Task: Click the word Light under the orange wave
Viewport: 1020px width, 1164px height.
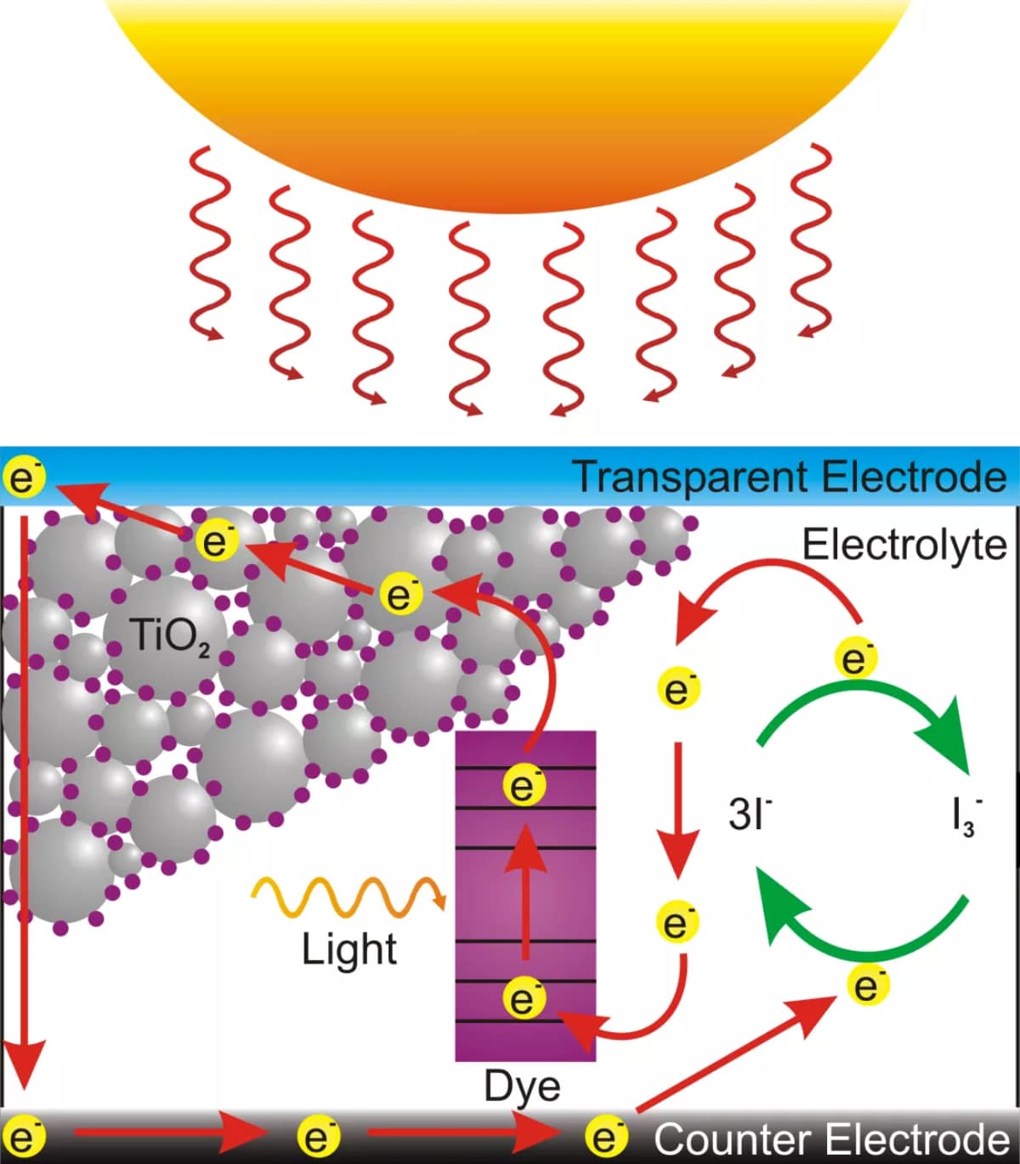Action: click(349, 950)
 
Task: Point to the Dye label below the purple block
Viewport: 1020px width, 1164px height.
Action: click(522, 1087)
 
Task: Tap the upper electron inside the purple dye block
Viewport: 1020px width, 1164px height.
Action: click(524, 786)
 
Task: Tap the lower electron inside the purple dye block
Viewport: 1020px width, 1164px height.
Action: click(524, 997)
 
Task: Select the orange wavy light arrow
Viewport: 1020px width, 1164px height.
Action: click(348, 897)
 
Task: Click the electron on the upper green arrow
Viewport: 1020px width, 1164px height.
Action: click(857, 659)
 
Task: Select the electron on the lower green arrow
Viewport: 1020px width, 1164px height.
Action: click(868, 986)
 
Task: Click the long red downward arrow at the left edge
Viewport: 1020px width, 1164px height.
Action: click(25, 799)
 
